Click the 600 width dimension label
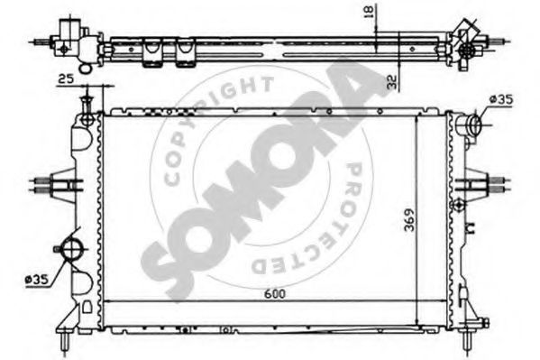tap(275, 294)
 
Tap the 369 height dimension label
tap(409, 220)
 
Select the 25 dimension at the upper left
tap(66, 79)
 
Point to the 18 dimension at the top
tap(368, 12)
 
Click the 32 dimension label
tap(392, 82)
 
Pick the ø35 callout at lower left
tap(36, 280)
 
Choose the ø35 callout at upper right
tap(501, 99)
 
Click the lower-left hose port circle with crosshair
tap(72, 249)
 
